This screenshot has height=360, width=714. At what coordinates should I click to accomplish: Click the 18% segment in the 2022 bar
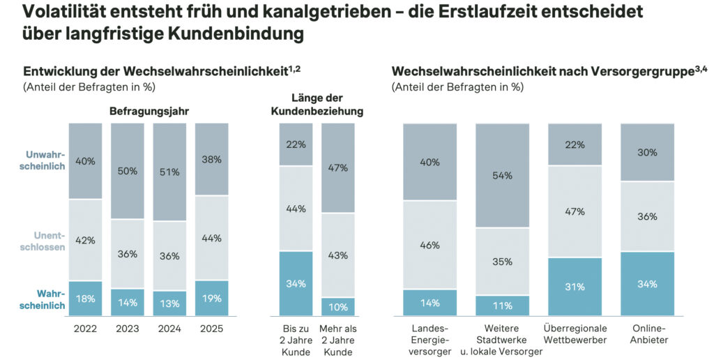(85, 299)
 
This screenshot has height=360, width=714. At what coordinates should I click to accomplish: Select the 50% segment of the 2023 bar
(128, 172)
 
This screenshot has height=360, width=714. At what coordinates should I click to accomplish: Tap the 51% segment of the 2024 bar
(169, 172)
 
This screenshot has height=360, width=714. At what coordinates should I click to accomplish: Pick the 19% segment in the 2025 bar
(212, 298)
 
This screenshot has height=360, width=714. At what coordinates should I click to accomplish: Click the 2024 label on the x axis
(169, 329)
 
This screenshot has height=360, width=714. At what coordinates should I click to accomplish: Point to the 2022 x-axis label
(85, 329)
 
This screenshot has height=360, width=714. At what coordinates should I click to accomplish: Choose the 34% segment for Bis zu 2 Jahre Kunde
(296, 283)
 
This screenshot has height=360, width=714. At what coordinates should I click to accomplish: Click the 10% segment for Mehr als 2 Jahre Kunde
(337, 307)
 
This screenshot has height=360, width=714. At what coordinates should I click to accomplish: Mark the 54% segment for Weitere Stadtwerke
(503, 176)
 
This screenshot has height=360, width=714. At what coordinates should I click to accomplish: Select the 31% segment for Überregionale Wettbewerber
(575, 287)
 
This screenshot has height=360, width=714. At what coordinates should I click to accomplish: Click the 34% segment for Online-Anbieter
(648, 283)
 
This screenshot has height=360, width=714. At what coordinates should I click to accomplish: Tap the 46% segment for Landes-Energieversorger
(430, 245)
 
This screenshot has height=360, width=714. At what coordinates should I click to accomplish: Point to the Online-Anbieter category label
(648, 334)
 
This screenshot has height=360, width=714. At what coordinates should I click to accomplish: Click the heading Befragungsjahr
(149, 110)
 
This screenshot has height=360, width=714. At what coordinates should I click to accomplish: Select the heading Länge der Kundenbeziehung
(317, 105)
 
